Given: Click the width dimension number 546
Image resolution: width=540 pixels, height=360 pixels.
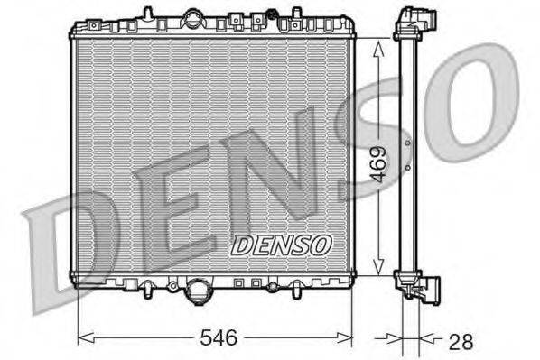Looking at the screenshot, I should point(218,338).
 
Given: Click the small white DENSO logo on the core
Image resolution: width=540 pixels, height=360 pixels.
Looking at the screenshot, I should point(283,244).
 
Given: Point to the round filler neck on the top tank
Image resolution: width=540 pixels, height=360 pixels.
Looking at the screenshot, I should point(194,17).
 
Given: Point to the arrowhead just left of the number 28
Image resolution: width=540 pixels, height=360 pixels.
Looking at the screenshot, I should point(392,339).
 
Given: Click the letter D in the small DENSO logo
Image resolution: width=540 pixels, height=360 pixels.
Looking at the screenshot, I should point(241,244).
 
